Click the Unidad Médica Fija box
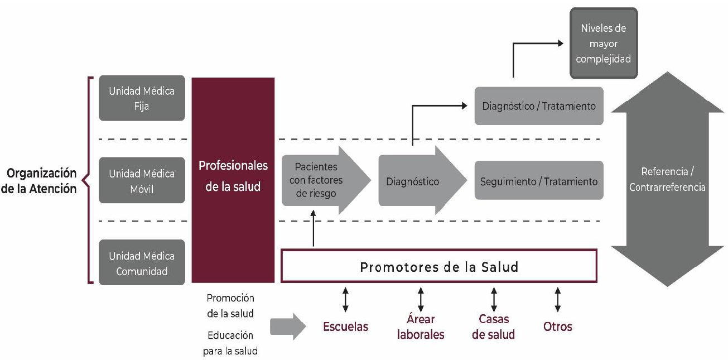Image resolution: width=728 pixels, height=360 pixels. [142, 98]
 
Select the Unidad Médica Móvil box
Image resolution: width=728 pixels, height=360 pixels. [142, 181]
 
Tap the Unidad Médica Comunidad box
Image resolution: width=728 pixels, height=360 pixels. [142, 263]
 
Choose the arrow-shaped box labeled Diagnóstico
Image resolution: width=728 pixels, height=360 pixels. [418, 181]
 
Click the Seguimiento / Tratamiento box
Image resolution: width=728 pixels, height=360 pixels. [539, 181]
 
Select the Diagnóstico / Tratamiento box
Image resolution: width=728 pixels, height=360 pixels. [539, 105]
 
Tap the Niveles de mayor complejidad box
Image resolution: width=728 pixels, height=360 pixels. [603, 43]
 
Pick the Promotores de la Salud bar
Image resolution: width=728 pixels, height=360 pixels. [439, 267]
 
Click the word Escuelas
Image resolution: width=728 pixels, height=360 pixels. [346, 327]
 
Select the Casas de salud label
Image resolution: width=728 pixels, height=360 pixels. [493, 327]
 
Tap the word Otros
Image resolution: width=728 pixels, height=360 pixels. [557, 327]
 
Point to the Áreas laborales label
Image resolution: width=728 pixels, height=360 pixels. [421, 327]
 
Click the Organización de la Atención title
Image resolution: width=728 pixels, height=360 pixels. [39, 180]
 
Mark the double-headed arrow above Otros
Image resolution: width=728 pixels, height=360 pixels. [558, 300]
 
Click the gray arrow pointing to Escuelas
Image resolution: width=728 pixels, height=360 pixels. [288, 327]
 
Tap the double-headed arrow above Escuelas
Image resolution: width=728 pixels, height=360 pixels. [346, 300]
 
